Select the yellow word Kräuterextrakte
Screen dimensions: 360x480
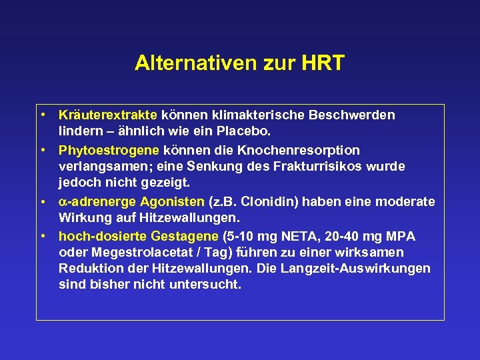coord(108,115)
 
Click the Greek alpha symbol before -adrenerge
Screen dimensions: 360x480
coord(63,202)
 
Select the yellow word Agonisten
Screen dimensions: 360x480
coord(174,201)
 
